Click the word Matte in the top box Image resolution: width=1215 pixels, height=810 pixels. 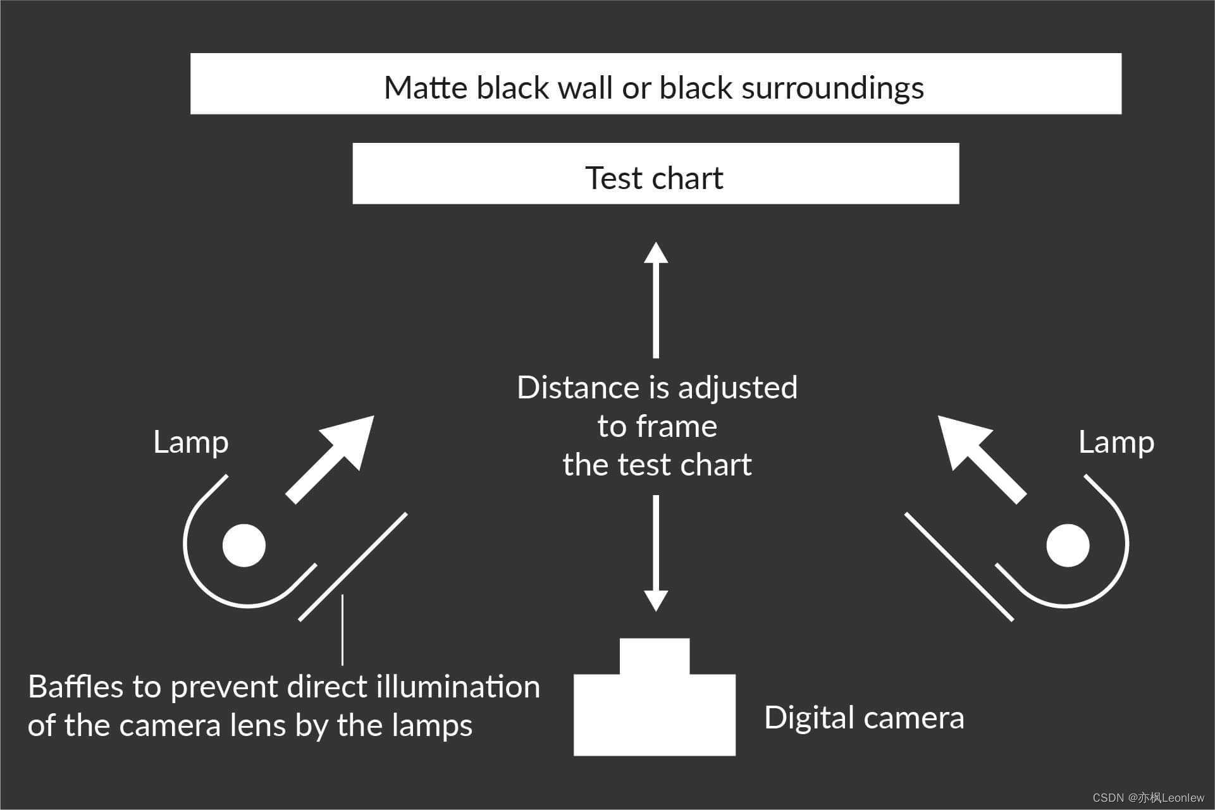[426, 88]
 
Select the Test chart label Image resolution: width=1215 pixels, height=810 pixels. [654, 178]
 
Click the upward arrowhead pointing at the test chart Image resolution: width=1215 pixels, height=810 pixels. [656, 253]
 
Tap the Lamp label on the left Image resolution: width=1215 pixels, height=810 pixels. [190, 442]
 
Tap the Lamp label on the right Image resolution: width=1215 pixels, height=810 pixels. [1116, 442]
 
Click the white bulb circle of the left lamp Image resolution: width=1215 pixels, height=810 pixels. [244, 545]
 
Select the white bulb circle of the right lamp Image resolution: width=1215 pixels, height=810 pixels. [1068, 545]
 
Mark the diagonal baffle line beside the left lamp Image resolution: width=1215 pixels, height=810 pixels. [353, 567]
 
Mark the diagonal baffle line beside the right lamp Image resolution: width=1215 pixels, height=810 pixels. [959, 567]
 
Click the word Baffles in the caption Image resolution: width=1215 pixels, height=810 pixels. [75, 687]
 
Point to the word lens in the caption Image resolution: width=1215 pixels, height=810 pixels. [259, 725]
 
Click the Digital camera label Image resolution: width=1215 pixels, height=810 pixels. [864, 718]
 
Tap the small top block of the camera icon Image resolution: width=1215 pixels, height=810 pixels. [655, 656]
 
